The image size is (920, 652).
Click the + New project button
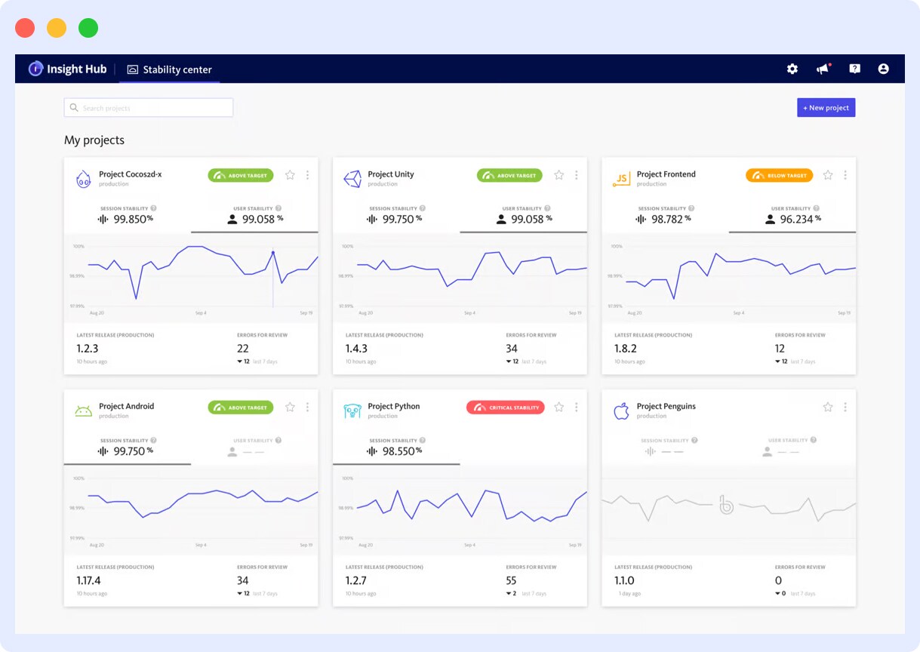(826, 108)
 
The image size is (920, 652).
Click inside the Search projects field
(149, 108)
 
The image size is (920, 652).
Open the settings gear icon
(792, 69)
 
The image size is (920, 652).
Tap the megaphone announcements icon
(823, 69)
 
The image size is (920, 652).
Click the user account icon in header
(883, 69)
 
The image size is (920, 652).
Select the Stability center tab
(170, 69)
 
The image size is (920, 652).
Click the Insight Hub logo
(67, 69)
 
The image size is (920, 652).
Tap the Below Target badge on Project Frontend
(779, 175)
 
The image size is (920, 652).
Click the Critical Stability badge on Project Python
(505, 407)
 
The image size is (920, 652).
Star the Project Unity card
(558, 175)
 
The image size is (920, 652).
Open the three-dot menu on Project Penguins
(845, 407)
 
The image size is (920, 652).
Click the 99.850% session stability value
(133, 219)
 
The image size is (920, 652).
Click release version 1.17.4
(88, 580)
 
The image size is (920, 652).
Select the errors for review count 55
(511, 580)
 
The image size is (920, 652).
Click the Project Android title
(126, 406)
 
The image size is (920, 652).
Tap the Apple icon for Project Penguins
(621, 411)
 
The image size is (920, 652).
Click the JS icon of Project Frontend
(621, 179)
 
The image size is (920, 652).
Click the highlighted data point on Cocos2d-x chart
(272, 253)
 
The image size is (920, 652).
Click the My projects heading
(94, 140)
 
